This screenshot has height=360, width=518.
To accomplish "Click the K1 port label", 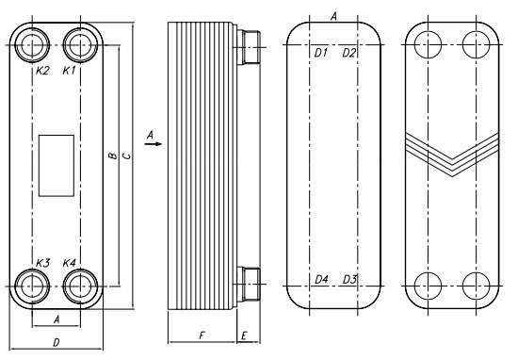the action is point(70,71).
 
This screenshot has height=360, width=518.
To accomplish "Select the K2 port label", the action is point(42,71).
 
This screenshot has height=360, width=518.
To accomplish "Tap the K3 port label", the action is point(42,264).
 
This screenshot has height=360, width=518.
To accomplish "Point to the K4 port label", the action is point(70,264).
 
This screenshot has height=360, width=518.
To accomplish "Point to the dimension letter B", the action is point(113,155).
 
